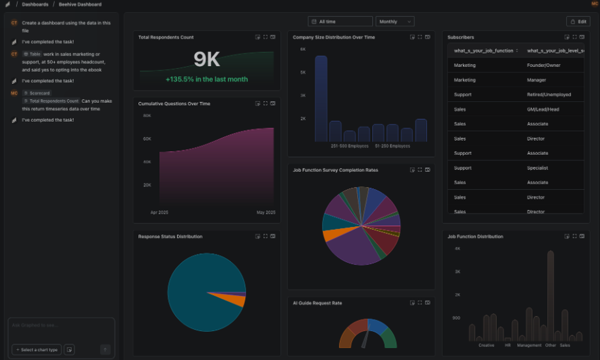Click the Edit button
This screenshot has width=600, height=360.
click(x=578, y=22)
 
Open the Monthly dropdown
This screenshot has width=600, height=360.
click(x=395, y=22)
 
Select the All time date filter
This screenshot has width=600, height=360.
click(x=340, y=22)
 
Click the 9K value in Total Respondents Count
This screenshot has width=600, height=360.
click(x=207, y=59)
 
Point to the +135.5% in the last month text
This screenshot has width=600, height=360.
click(x=206, y=79)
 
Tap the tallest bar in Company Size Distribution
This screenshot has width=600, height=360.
click(x=321, y=98)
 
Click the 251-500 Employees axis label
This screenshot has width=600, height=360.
click(x=350, y=146)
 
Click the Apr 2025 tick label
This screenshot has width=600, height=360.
click(x=158, y=212)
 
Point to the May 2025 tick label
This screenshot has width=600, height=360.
click(x=266, y=212)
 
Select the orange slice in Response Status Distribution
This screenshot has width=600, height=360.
click(x=236, y=300)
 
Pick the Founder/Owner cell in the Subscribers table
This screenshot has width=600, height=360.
click(x=544, y=65)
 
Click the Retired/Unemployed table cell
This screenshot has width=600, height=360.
click(x=548, y=94)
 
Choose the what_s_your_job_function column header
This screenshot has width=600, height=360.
click(x=484, y=51)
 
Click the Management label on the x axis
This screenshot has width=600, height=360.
click(x=529, y=345)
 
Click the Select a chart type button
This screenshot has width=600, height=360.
click(x=37, y=350)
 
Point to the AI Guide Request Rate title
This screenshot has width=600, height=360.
click(x=317, y=303)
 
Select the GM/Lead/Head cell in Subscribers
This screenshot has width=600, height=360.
click(x=543, y=109)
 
